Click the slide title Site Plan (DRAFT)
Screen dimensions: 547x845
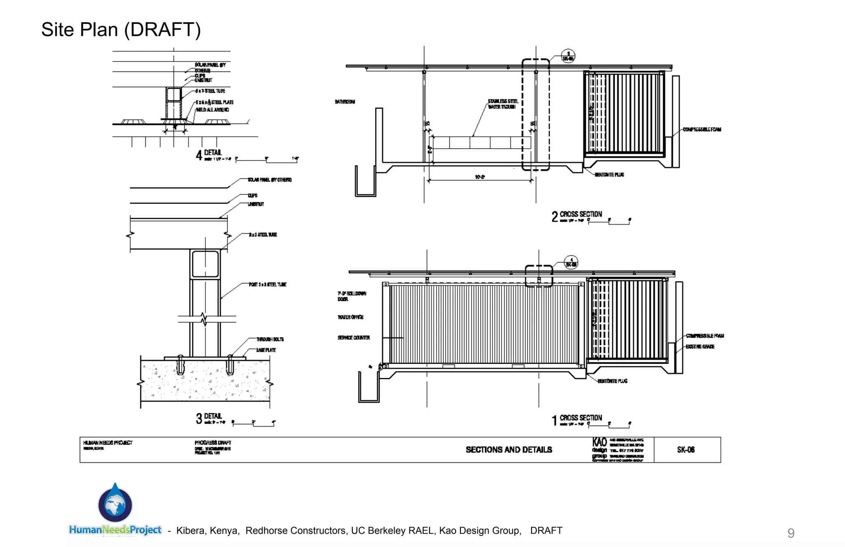[x=121, y=30]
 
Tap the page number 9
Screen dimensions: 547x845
[x=791, y=533]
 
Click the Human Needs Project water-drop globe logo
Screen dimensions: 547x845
[x=115, y=504]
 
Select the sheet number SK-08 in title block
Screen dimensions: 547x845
[x=686, y=450]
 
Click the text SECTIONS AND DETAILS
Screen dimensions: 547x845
[x=509, y=450]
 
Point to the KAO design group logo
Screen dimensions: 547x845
[x=600, y=449]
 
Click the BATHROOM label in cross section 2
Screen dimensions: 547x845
[x=345, y=102]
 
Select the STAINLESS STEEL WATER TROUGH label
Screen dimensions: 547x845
[x=503, y=104]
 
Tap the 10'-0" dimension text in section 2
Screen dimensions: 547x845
[x=480, y=177]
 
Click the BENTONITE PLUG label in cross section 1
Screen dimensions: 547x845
[x=612, y=381]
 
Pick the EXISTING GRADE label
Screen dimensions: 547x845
[x=700, y=347]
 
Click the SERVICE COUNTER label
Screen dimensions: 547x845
[x=354, y=338]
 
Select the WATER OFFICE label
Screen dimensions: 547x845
[x=350, y=317]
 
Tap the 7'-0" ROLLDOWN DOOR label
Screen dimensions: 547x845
[x=352, y=296]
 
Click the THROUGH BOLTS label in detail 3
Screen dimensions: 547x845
[x=270, y=339]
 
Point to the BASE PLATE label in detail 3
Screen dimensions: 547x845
[x=266, y=350]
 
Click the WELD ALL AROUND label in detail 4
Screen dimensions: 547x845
[x=212, y=110]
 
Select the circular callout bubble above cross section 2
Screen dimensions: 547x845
[x=568, y=56]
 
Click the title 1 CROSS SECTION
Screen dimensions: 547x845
[x=577, y=419]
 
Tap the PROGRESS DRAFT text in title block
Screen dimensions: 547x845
[x=212, y=443]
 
